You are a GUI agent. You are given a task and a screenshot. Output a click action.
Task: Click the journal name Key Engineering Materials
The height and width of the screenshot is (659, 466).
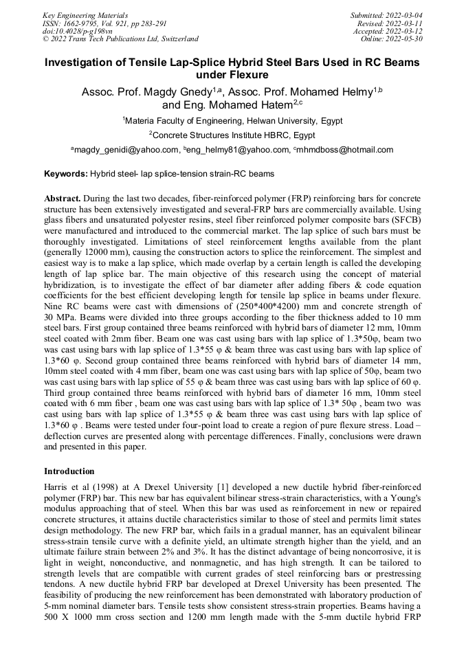[x=85, y=14]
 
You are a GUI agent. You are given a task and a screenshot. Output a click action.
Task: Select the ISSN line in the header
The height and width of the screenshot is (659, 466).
[x=104, y=23]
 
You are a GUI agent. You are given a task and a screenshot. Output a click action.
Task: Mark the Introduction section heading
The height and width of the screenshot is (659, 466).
[x=69, y=471]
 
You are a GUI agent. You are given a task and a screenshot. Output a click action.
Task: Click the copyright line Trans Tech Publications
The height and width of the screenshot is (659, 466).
[x=121, y=39]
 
